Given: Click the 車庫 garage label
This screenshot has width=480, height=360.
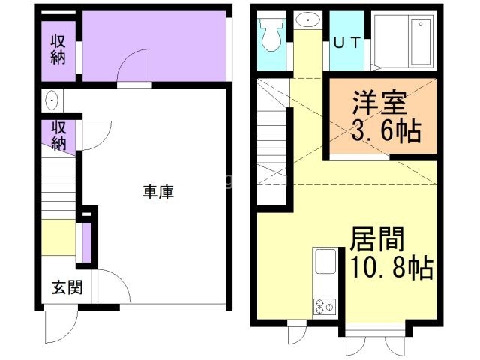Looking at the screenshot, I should click(158, 192).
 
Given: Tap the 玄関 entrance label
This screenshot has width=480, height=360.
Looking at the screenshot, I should click(61, 286).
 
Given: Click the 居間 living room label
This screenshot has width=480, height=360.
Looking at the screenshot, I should click(377, 239).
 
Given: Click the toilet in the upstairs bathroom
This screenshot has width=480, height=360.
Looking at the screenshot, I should click(269, 34).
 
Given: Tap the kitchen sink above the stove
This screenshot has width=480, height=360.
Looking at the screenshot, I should click(325, 263).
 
